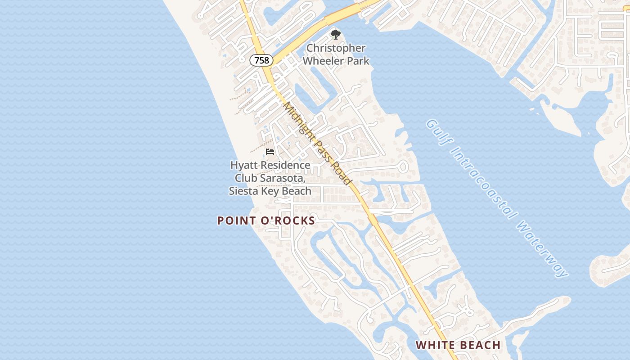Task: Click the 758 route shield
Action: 261,60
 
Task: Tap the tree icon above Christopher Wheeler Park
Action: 335,34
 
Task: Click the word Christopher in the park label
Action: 336,48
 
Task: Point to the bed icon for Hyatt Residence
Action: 270,151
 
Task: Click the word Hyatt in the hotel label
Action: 244,165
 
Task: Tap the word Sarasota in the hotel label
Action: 284,178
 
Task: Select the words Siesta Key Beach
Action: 270,191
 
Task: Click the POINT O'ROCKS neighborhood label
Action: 266,220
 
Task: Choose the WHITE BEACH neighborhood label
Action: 458,345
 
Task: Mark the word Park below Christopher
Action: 357,60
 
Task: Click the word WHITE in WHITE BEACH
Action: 434,345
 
